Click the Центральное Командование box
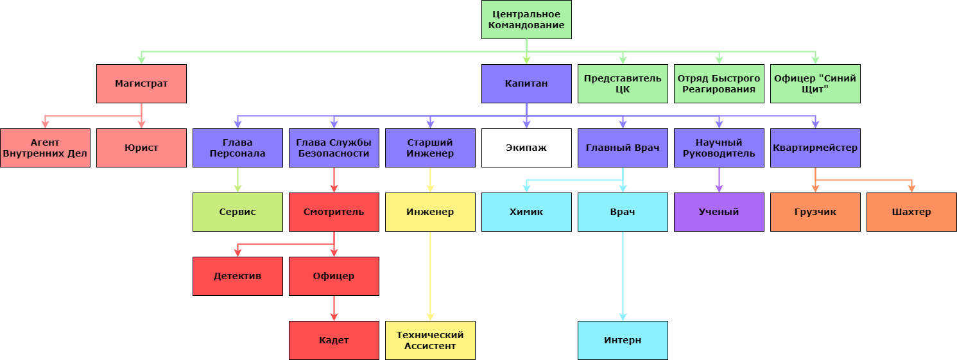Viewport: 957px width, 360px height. coord(526,19)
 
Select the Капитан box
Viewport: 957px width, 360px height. coord(526,83)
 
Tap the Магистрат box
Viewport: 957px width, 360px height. coord(141,83)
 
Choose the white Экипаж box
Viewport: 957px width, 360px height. coord(526,148)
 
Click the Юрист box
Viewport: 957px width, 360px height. coord(141,148)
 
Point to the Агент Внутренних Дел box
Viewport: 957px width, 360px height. coord(45,148)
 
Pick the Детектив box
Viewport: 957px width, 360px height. coord(237,276)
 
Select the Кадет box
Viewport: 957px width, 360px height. coord(334,340)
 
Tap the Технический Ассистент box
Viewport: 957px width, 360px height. coord(430,340)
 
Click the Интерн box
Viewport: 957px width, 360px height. coord(623,340)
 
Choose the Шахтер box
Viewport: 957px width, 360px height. coord(911,212)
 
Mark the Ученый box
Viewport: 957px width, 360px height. coord(719,212)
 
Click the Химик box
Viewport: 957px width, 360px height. coord(526,212)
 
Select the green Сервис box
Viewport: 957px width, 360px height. coord(237,212)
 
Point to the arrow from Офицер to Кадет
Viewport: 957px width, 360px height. coord(334,308)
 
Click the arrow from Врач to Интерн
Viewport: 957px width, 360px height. coord(623,276)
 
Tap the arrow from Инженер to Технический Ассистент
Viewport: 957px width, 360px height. coord(430,276)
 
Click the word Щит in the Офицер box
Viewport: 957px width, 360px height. coord(815,89)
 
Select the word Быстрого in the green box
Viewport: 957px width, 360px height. coord(737,78)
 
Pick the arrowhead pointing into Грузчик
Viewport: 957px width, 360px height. coord(815,189)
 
